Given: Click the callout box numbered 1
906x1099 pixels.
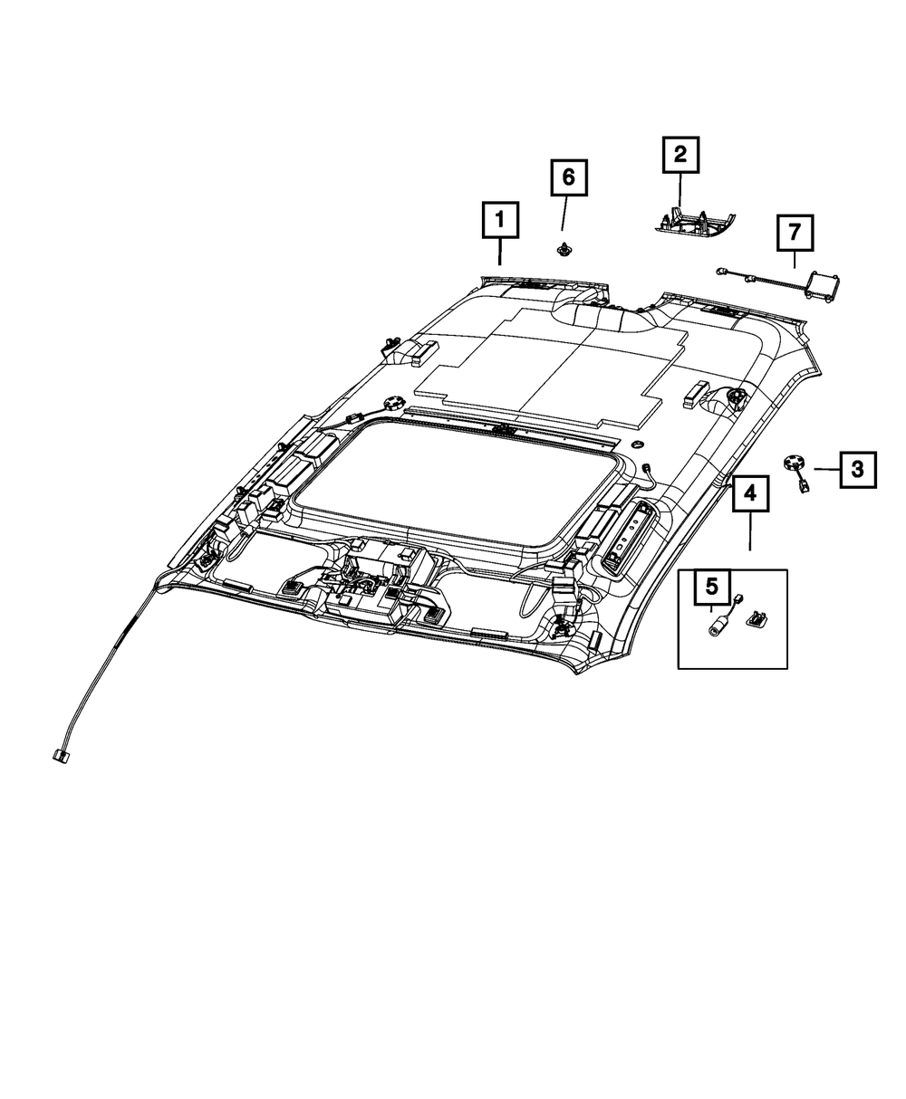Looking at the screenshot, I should (499, 221).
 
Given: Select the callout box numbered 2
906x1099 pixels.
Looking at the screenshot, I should (679, 155).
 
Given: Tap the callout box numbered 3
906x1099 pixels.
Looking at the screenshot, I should (857, 469).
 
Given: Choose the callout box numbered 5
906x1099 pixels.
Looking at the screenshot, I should (712, 588).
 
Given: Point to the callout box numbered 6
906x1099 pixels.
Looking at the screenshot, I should (568, 177).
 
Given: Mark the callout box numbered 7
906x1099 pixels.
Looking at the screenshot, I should (794, 234).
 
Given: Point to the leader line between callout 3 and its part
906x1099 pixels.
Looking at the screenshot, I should (825, 469).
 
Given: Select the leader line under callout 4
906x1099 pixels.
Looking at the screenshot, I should (750, 533).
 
